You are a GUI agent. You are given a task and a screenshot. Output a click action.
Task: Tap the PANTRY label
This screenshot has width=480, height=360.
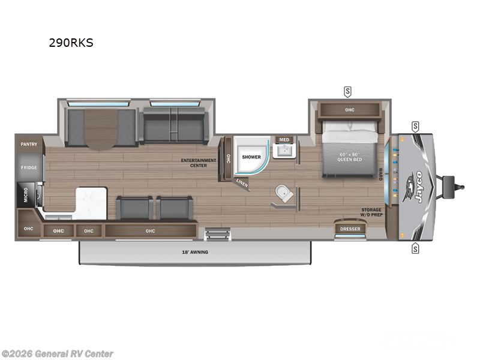point(29,144)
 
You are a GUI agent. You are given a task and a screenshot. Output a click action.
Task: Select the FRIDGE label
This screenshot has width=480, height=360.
point(29,167)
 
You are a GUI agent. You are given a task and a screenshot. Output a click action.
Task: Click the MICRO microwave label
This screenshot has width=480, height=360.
point(20,194)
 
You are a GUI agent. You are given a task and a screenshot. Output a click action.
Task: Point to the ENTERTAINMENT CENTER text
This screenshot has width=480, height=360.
point(199,163)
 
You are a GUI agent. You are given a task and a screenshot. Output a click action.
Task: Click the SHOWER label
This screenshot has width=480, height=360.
point(251,157)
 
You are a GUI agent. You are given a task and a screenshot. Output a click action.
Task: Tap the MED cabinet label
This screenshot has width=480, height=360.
point(284,140)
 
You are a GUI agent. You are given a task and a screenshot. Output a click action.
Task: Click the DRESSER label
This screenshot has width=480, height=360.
point(350,229)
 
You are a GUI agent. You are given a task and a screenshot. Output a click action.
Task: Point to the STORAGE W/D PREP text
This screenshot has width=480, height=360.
point(371,212)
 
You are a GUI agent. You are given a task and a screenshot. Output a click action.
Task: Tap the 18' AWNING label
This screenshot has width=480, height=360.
point(196,252)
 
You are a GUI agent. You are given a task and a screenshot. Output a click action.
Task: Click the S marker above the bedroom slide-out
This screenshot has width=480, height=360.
point(347,91)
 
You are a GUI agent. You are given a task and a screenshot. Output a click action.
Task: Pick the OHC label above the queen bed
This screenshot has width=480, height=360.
point(350,110)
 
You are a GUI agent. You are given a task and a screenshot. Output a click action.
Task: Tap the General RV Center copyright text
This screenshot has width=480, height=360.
point(57,353)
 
